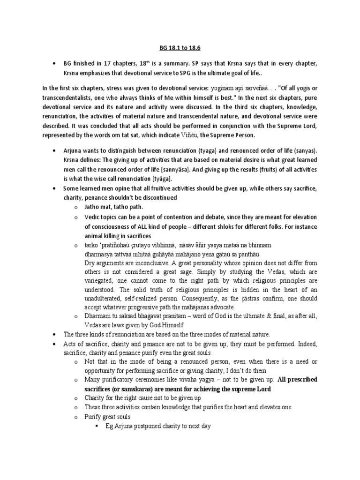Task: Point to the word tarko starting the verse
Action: point(92,245)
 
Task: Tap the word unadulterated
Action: point(106,298)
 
